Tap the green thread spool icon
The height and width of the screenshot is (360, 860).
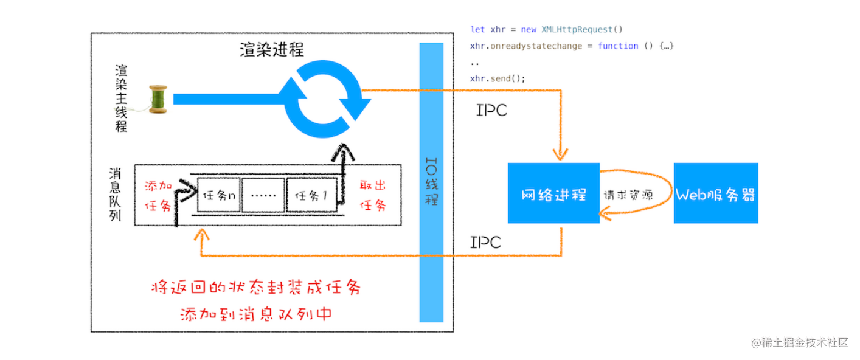(x=158, y=99)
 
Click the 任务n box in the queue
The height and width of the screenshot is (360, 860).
(x=218, y=196)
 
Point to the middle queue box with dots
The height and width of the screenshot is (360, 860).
(x=264, y=196)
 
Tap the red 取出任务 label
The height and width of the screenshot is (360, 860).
(x=373, y=195)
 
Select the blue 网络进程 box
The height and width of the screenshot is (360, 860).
(x=553, y=193)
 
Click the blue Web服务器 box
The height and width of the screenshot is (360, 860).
(x=715, y=193)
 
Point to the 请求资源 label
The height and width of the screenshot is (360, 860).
(x=628, y=196)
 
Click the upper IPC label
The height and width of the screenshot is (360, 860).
(x=491, y=111)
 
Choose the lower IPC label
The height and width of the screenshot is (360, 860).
(x=485, y=242)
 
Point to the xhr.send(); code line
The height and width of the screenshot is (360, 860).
(x=497, y=78)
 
